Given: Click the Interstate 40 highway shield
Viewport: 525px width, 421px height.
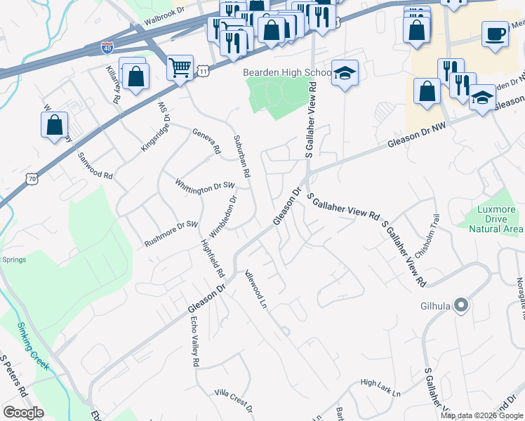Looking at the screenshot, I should [x=107, y=48].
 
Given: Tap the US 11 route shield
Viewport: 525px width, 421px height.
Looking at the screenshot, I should [x=203, y=72].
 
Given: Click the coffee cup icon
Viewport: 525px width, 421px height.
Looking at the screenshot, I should [x=495, y=34].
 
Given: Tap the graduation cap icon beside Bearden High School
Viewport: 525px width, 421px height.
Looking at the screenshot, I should [x=345, y=73].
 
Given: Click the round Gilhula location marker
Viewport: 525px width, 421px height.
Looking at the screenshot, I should [x=461, y=305].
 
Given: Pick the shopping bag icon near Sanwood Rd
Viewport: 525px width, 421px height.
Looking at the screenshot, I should [x=54, y=126].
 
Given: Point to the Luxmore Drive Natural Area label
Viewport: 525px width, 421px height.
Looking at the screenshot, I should [x=496, y=219].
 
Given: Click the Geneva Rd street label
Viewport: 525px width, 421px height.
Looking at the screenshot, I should [x=207, y=140].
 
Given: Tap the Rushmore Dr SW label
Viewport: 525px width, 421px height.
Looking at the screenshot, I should [x=172, y=229].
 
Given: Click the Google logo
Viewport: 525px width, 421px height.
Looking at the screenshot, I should [x=24, y=413].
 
